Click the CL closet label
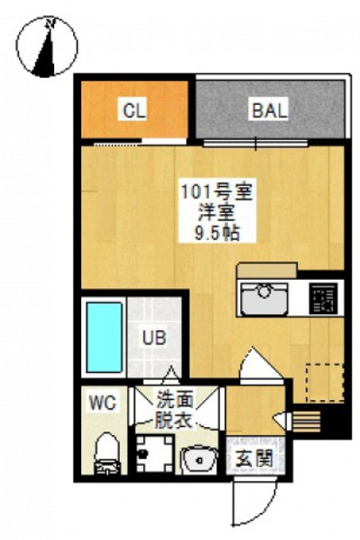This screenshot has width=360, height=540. pos(134,111)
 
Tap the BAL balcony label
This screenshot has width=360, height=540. pos(269,111)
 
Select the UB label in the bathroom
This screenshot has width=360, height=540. pos(154,337)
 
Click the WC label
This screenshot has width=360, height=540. pos(102,402)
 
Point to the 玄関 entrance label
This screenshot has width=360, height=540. pos(255,458)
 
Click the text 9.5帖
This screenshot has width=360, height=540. pos(217,233)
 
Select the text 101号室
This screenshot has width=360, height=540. pos(217,192)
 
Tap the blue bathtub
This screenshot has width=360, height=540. pos(104,337)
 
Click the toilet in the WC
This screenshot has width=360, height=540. pos(106,453)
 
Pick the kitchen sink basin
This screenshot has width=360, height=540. pos(264,298)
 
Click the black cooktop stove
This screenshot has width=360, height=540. pos(323,298)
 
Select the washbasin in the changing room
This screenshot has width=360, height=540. pos(199,459)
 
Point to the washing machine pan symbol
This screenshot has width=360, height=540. pos(154,453)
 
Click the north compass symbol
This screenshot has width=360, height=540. pos(47,46)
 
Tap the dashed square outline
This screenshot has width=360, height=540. pos(325,383)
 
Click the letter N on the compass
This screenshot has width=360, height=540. pos(51,23)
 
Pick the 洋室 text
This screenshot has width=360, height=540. pos(217,213)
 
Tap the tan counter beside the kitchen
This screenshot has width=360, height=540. pos(267,270)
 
